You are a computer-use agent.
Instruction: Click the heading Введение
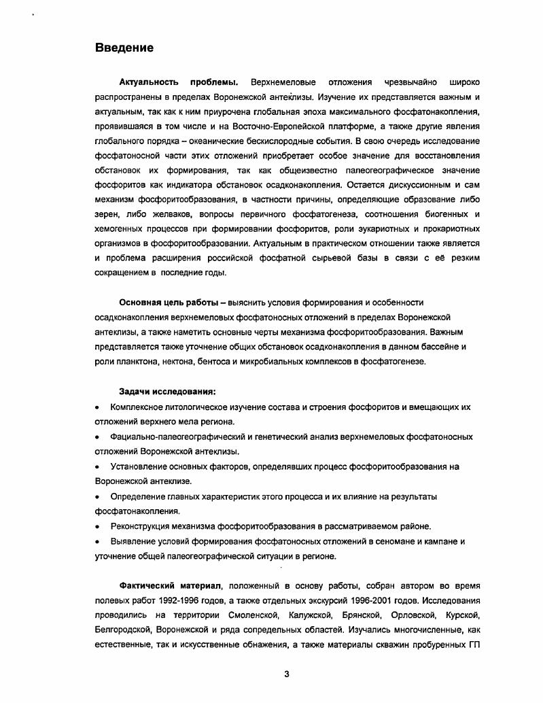tap(124, 48)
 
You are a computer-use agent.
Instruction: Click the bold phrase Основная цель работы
tap(169, 303)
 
